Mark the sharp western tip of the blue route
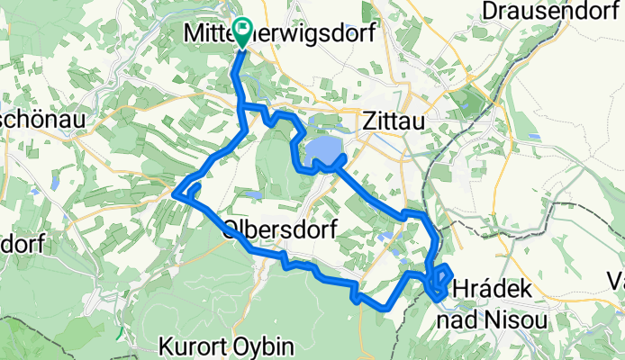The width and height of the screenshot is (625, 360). pyautogui.click(x=173, y=190)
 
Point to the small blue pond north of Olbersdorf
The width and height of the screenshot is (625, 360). pyautogui.click(x=255, y=193)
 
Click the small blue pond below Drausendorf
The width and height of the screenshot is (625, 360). pyautogui.click(x=536, y=137)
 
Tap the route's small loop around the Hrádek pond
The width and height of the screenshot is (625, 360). pyautogui.click(x=441, y=280)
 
